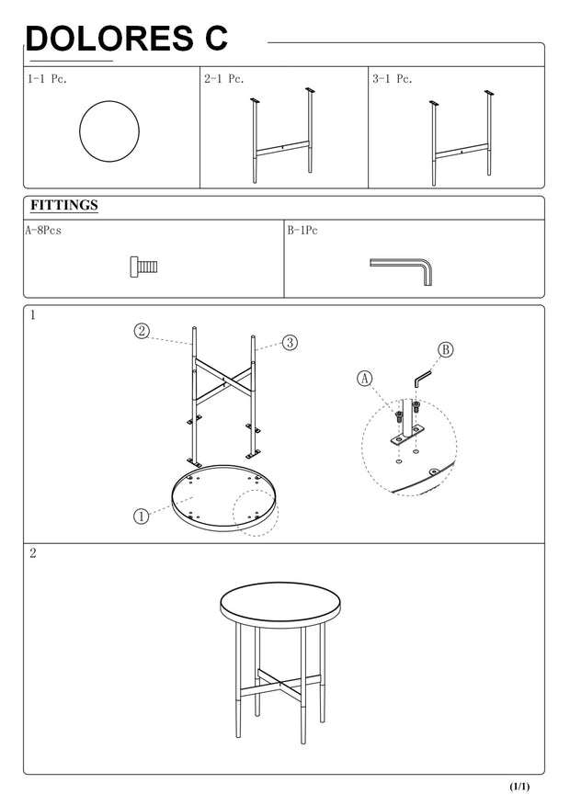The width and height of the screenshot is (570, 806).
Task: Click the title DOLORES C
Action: [127, 38]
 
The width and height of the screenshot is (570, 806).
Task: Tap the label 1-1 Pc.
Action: [47, 79]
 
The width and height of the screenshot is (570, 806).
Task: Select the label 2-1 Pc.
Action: [223, 79]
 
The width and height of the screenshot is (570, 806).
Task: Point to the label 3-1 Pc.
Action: [393, 79]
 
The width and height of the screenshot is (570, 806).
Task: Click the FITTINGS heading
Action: [63, 205]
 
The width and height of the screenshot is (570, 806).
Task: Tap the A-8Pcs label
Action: [43, 231]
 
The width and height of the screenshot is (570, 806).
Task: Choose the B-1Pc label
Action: [302, 231]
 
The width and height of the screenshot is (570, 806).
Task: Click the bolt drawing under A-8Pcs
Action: [144, 267]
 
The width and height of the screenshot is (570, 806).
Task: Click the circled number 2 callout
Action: [142, 331]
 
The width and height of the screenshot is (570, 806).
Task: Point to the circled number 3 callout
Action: [290, 343]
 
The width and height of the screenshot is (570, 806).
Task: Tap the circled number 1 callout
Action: [141, 516]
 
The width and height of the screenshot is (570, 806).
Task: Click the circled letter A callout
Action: [364, 379]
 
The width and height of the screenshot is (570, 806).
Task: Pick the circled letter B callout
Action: [446, 350]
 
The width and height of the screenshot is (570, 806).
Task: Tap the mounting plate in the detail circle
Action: [406, 435]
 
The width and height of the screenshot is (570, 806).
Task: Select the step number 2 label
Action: [33, 553]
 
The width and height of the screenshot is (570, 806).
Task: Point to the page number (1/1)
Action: [519, 787]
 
